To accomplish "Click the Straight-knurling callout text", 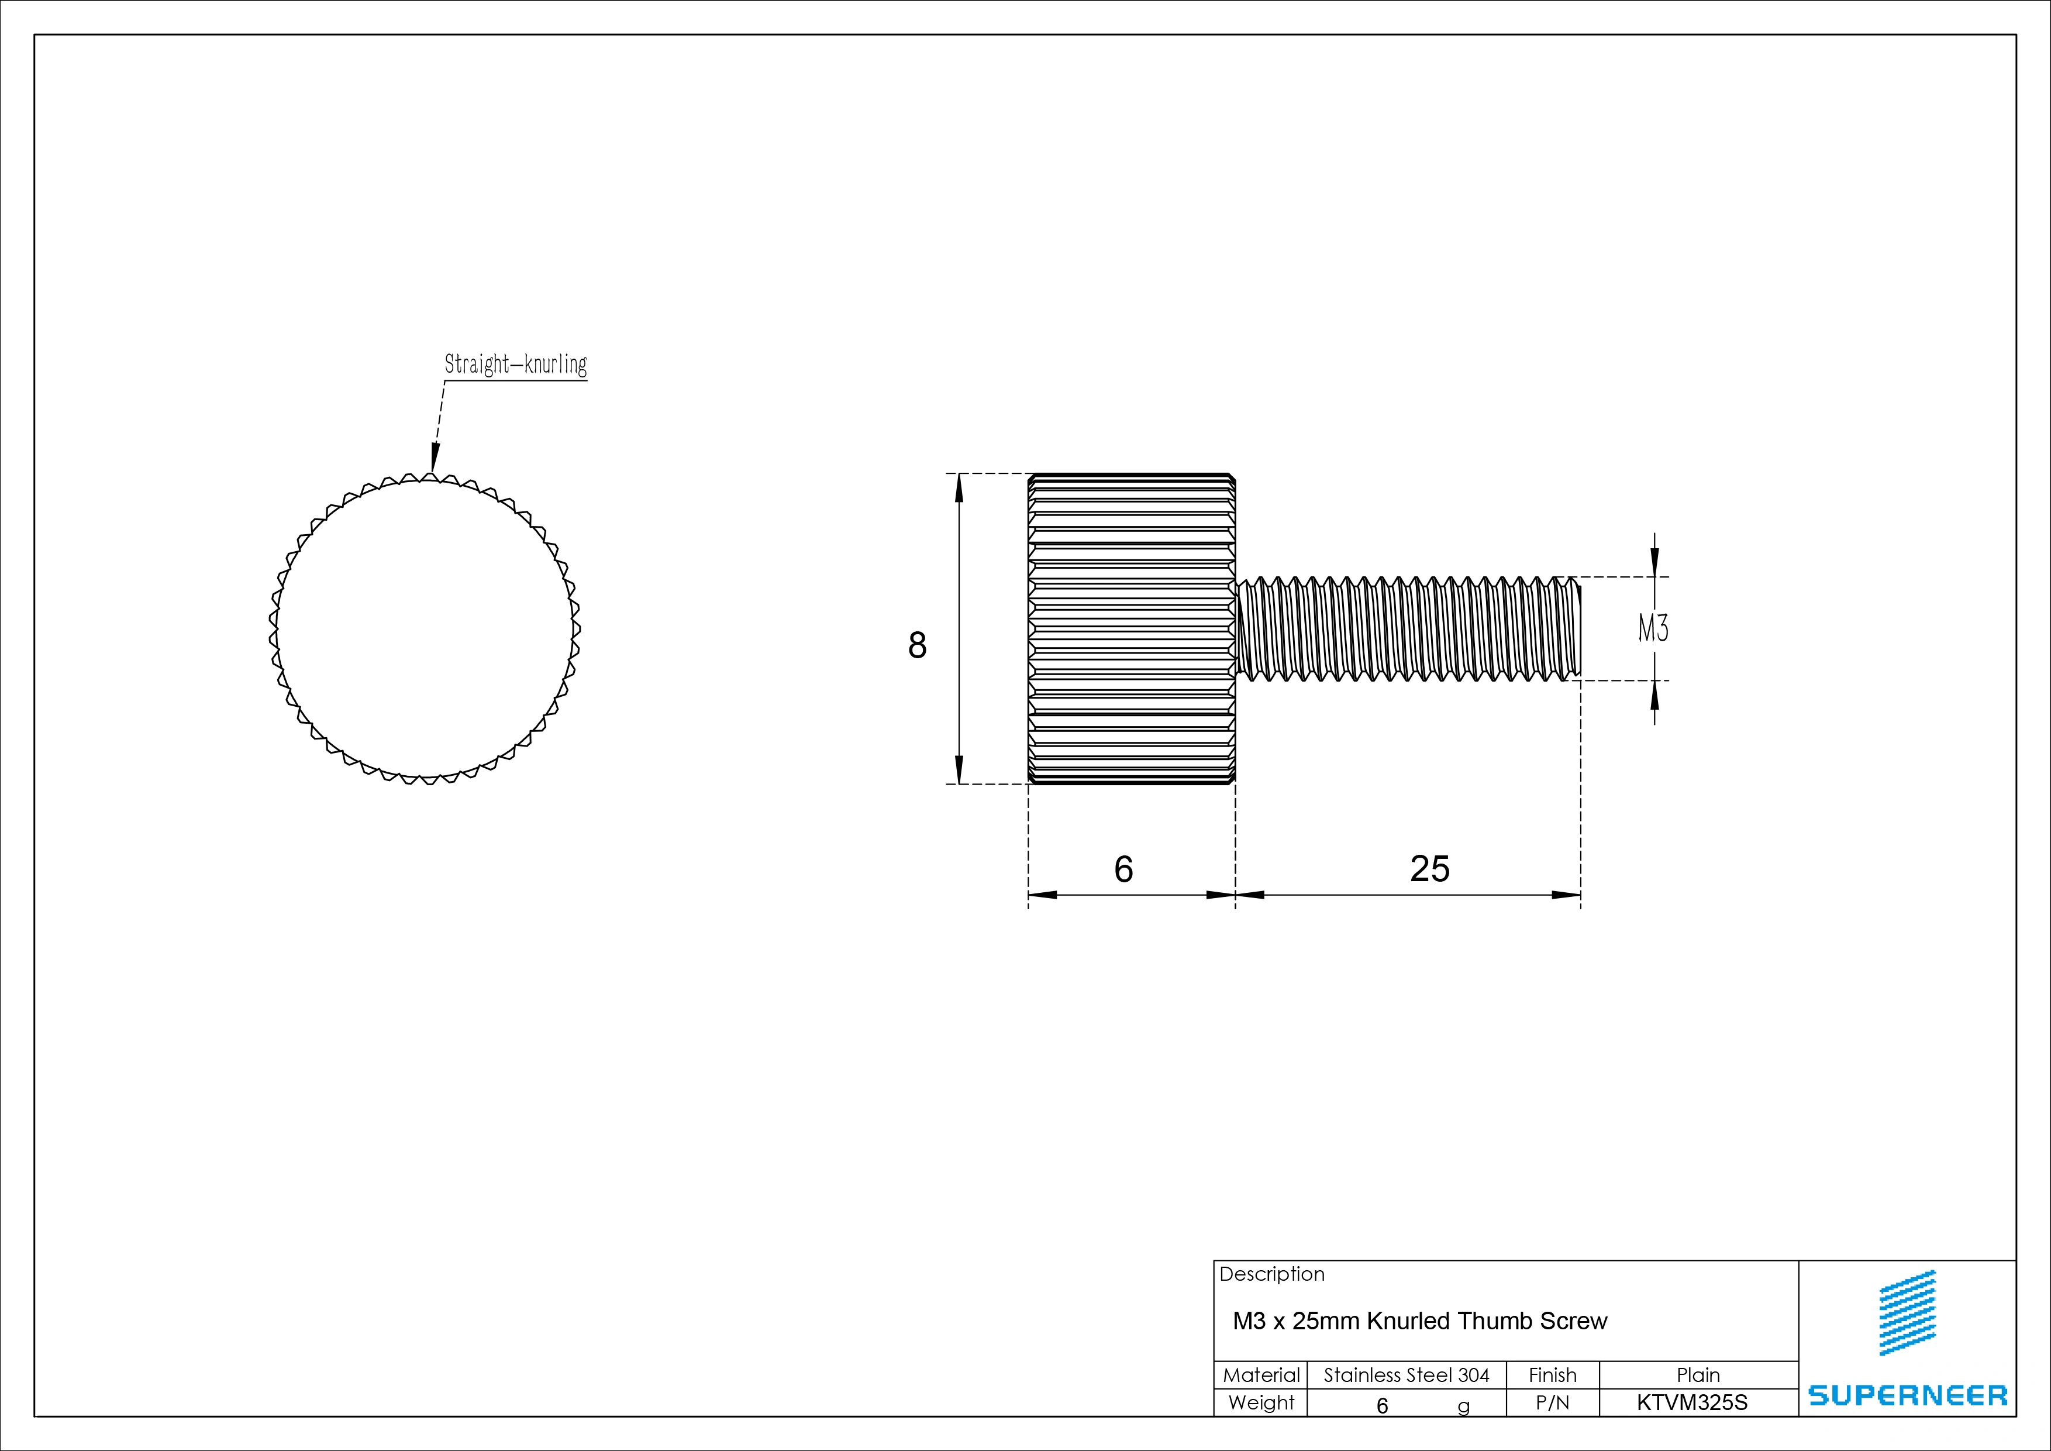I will coord(515,365).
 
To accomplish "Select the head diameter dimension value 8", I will coord(916,645).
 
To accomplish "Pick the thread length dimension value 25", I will coord(1429,868).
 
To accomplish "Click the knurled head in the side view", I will coord(1132,628).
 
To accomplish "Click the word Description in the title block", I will coord(1271,1274).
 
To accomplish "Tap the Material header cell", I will coord(1260,1375).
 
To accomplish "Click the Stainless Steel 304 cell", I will coord(1406,1375).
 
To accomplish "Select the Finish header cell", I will coord(1553,1375).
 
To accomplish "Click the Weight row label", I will coord(1260,1403).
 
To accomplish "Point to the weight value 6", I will coord(1382,1405).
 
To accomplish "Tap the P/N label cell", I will coord(1553,1404).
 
